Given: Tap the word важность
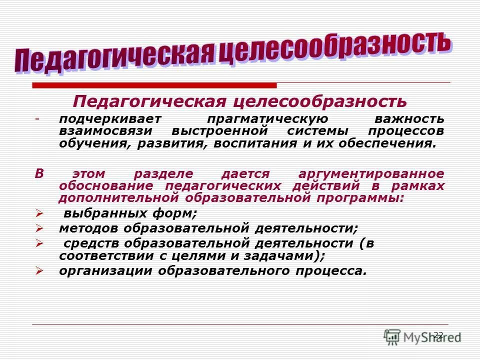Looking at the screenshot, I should (409, 120).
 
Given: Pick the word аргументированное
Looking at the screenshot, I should (371, 174).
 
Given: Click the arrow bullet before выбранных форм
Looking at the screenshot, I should (40, 213).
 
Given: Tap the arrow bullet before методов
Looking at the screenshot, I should (40, 228).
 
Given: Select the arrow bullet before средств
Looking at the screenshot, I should (40, 243).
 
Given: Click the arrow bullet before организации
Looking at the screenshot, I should (40, 271).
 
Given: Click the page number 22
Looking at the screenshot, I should (438, 335).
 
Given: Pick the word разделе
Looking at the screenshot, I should (161, 174).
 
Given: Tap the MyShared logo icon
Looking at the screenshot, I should (392, 336).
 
